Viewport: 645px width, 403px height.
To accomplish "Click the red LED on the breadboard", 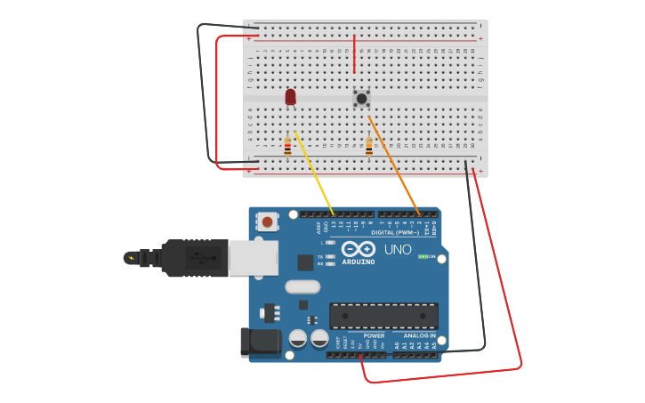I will (x=290, y=96).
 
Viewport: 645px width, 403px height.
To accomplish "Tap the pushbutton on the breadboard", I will (x=361, y=98).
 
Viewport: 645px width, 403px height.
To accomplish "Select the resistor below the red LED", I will (x=287, y=147).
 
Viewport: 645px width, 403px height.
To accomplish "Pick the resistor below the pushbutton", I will (x=368, y=147).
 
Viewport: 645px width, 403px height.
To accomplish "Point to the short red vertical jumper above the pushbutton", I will (x=354, y=54).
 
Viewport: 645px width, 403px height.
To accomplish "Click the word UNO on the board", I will (x=398, y=250).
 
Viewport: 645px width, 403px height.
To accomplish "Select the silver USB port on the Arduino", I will (x=253, y=258).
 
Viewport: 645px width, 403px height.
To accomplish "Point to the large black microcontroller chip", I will (x=383, y=315).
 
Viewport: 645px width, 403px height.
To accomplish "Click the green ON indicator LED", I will (x=423, y=256).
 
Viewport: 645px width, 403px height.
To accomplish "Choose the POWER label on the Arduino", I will (x=374, y=336).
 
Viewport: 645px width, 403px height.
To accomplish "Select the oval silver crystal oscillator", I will (x=302, y=286).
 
